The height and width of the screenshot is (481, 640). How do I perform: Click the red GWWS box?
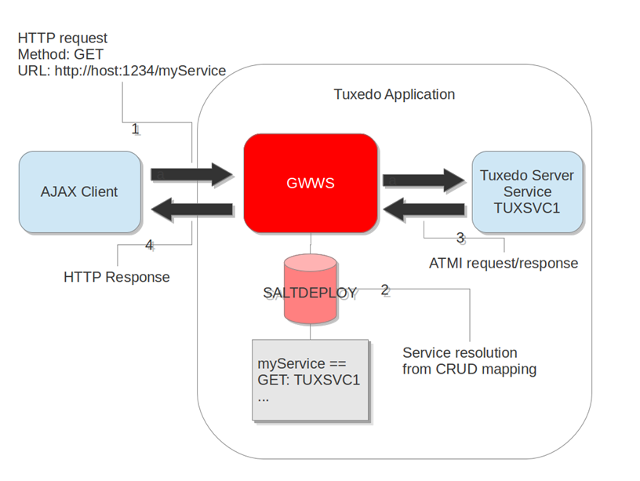[x=311, y=182]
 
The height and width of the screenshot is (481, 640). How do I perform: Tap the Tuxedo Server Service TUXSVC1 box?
[x=527, y=192]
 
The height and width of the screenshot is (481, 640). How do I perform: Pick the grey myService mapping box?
[x=310, y=379]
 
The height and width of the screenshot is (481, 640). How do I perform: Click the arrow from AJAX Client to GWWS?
[x=192, y=174]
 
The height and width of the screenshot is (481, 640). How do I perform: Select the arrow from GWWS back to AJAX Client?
[x=192, y=209]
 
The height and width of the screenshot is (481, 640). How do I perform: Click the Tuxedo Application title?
[x=394, y=95]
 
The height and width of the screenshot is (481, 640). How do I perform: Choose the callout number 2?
[x=384, y=290]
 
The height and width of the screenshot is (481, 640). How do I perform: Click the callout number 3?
[x=460, y=237]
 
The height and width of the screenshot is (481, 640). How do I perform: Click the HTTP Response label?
[x=116, y=277]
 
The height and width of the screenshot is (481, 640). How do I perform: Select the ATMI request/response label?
[x=504, y=263]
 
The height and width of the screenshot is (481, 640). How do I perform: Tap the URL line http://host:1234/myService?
[x=122, y=71]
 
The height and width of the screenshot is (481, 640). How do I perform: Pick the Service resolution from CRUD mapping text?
[x=469, y=361]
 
